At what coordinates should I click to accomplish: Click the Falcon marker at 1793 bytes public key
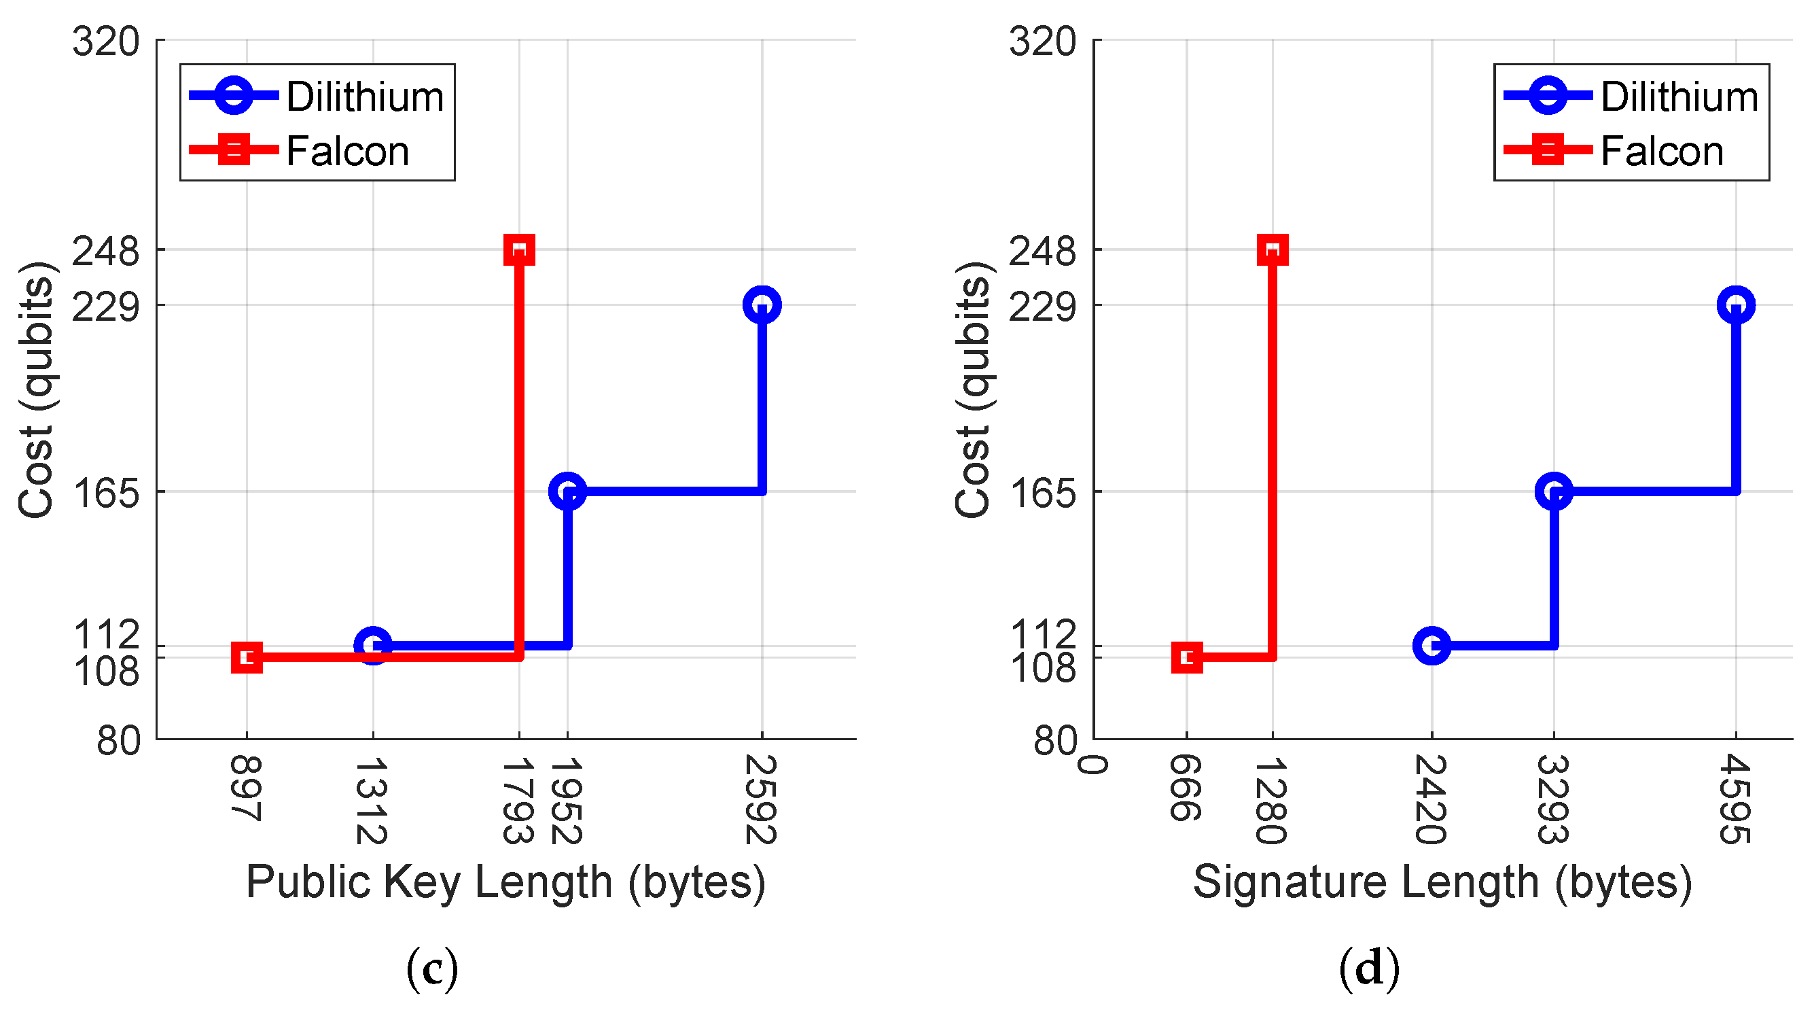(x=519, y=249)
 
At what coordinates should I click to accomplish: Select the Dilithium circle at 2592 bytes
(x=761, y=305)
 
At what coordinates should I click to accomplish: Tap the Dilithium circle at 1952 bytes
(x=567, y=491)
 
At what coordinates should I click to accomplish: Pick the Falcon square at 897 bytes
(x=247, y=657)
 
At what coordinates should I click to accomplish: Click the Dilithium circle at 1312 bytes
(x=372, y=645)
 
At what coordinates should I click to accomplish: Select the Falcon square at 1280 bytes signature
(x=1272, y=249)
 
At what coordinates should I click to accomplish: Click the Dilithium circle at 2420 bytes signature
(x=1431, y=645)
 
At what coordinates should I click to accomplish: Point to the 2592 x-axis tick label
(x=761, y=799)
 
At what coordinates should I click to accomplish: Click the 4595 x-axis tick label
(x=1735, y=799)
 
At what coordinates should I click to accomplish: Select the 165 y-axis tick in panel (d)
(x=1043, y=492)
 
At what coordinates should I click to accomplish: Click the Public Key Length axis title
(x=505, y=882)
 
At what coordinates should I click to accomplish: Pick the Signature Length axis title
(x=1442, y=882)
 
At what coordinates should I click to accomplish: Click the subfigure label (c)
(x=431, y=969)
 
